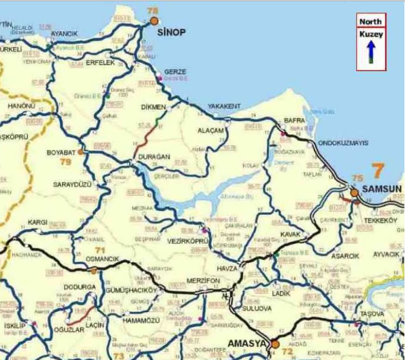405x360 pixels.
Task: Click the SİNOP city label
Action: [171, 32]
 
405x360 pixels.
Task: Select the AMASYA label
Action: [246, 344]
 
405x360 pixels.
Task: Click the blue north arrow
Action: [371, 52]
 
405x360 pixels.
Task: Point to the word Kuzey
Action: [371, 35]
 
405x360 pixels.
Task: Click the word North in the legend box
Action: [371, 21]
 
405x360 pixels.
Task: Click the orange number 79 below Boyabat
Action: [65, 162]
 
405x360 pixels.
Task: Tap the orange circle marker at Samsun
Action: [354, 192]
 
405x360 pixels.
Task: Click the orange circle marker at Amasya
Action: [275, 344]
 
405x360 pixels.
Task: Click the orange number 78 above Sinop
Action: [153, 11]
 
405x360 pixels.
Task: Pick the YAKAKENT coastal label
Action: [224, 106]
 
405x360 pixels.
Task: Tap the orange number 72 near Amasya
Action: [287, 350]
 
